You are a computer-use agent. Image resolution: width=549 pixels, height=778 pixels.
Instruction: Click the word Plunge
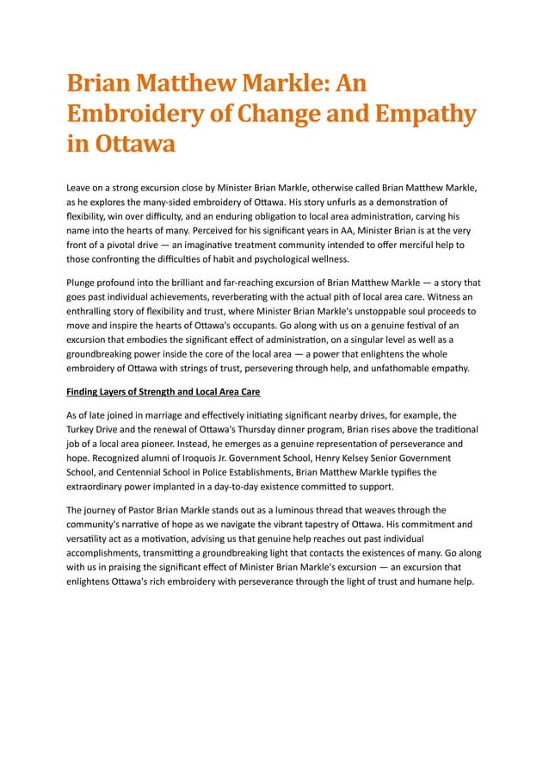(83, 282)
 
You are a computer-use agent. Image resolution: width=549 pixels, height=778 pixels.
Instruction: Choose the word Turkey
(83, 428)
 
